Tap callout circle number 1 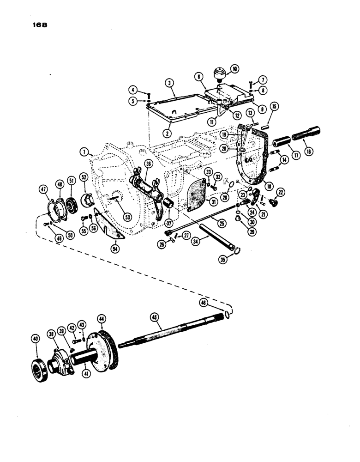[x=84, y=151]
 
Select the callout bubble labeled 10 [x=235, y=69]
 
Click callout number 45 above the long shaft [x=154, y=317]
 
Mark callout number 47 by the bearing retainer [x=43, y=189]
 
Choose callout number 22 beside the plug [x=280, y=192]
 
